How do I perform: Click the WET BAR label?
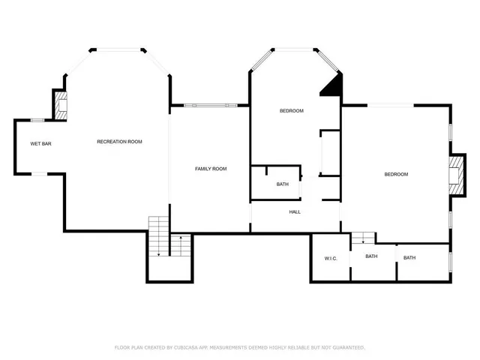tap(40, 143)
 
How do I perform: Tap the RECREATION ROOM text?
tap(119, 142)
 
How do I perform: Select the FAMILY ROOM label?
tap(211, 169)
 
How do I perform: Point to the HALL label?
tap(295, 212)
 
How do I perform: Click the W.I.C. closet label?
tap(331, 259)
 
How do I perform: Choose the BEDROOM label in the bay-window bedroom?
tap(291, 111)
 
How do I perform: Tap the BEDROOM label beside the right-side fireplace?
tap(395, 175)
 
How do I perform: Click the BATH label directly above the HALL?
tap(282, 184)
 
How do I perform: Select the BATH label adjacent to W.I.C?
tap(371, 257)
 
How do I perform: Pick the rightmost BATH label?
tap(409, 258)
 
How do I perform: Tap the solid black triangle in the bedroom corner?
tap(332, 85)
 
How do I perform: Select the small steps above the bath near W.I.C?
tap(364, 238)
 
